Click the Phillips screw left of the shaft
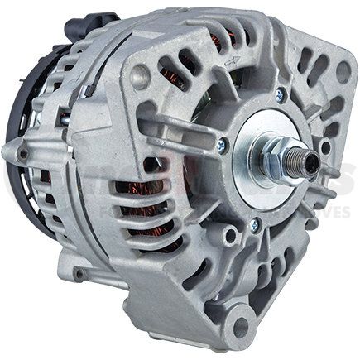click(x=222, y=146)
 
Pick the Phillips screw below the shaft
click(x=254, y=223)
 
